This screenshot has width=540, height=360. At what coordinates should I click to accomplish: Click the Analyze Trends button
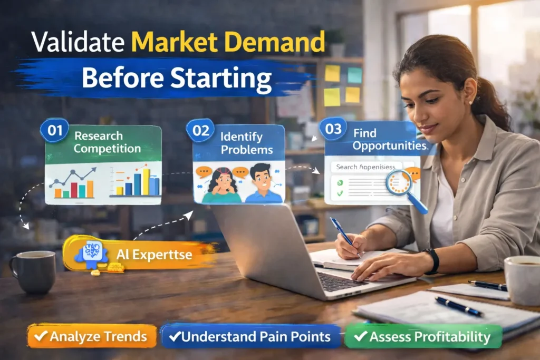[92, 336]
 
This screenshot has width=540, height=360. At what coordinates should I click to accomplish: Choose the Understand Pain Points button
[250, 336]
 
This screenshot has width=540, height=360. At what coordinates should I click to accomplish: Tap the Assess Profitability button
[423, 336]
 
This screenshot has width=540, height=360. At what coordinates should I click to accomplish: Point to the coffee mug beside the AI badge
[33, 271]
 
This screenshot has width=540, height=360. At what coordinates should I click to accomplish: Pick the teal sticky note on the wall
[354, 75]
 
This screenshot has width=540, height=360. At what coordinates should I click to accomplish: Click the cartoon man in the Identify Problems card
[262, 183]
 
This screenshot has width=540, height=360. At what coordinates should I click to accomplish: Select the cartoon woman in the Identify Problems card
[220, 185]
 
